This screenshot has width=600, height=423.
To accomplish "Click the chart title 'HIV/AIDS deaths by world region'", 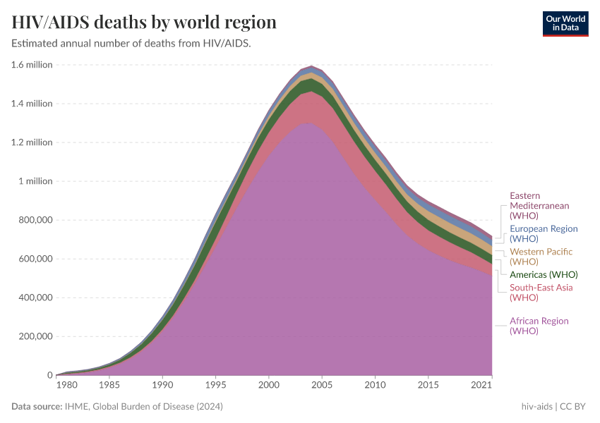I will [x=144, y=23].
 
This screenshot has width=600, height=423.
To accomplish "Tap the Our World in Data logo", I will [x=565, y=23].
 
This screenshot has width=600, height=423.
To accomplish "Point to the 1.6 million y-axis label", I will [x=32, y=65].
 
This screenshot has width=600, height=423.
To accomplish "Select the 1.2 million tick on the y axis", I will [x=32, y=142].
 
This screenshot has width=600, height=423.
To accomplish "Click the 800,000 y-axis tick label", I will [x=33, y=220].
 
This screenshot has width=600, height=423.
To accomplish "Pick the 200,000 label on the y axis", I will [x=33, y=336].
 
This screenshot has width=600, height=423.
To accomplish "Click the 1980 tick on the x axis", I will [x=66, y=386].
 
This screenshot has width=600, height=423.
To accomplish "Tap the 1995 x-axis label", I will [x=215, y=386].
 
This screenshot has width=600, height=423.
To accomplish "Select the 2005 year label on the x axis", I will [x=322, y=386].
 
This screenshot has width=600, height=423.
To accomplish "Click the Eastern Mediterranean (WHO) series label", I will [x=539, y=205].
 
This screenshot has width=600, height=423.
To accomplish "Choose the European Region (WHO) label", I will [x=544, y=233].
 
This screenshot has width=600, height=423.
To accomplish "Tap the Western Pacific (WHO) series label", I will [x=541, y=257].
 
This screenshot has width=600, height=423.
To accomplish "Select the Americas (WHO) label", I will [x=544, y=274].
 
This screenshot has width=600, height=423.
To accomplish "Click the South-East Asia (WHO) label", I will [x=541, y=292].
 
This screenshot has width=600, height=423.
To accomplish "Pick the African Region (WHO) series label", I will [x=539, y=326].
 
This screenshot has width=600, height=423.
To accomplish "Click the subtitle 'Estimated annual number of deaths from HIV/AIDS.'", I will [x=131, y=44].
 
